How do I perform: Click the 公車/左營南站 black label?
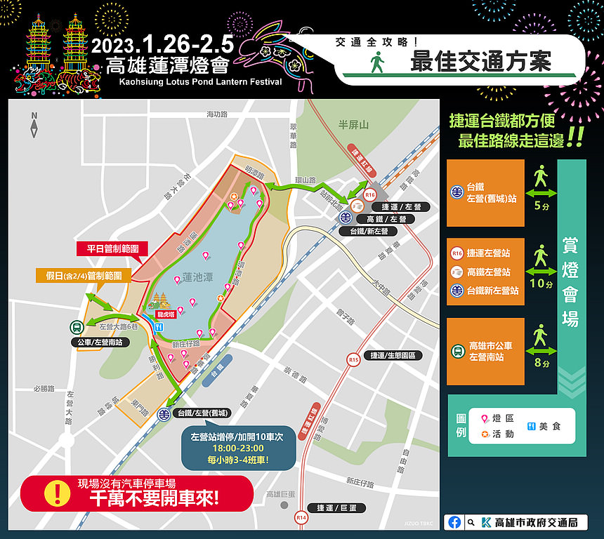click(x=98, y=342)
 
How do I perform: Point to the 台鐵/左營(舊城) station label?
click(x=203, y=414)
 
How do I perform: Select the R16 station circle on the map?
click(x=371, y=194)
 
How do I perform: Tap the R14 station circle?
click(x=301, y=518)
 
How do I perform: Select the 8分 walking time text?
click(x=541, y=363)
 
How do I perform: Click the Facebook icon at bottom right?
click(x=454, y=522)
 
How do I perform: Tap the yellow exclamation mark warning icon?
click(x=53, y=494)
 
